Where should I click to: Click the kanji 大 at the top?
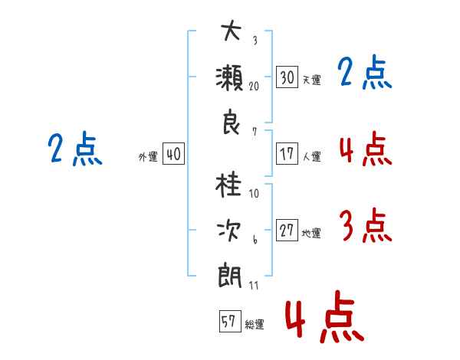coord(229,32)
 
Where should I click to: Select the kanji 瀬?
coord(229,77)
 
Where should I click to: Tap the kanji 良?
coord(229,123)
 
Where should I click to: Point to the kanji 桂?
coord(229,185)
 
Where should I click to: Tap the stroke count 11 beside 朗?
coord(254,285)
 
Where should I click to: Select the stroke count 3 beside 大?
coord(254,41)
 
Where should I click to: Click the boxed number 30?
coord(287,77)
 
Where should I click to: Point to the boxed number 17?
coord(287,154)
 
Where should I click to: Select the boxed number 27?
coord(287,231)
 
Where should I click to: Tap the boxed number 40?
coord(173,155)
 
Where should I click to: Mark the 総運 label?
coord(254,325)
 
